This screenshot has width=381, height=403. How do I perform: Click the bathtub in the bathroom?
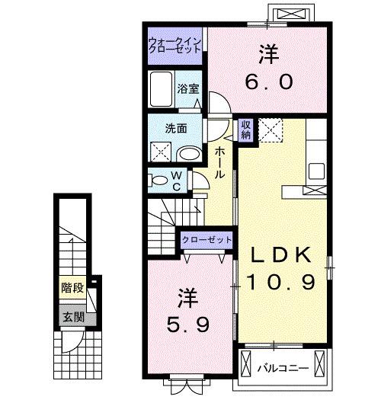[161, 90]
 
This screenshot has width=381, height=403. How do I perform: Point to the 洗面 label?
[178, 128]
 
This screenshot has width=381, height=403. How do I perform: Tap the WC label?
[174, 181]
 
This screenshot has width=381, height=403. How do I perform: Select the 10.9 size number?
[280, 283]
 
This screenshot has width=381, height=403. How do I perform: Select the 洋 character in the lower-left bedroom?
[187, 296]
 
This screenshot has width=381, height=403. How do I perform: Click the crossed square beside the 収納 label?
[270, 130]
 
